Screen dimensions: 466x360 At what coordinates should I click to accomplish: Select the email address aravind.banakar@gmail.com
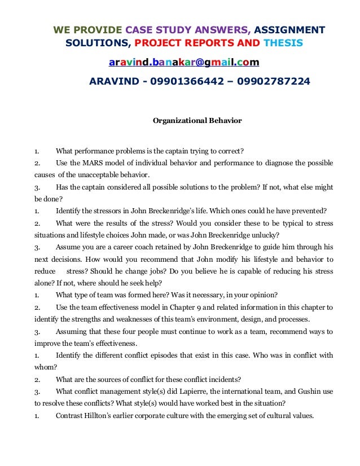pos(184,61)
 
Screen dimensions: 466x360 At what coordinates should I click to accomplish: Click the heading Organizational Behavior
pos(197,120)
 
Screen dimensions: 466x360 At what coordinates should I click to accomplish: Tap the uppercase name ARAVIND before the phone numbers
pos(115,81)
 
